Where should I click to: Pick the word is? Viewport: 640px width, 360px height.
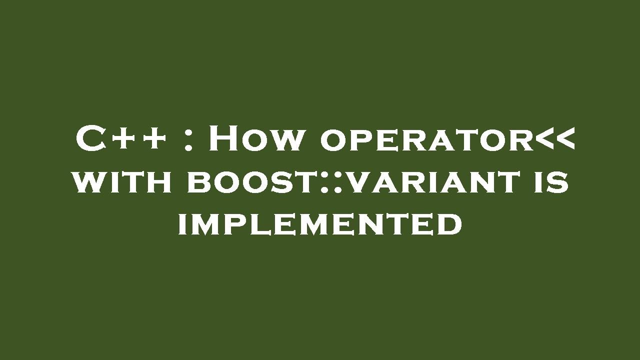(548, 182)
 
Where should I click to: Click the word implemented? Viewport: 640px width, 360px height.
(320, 224)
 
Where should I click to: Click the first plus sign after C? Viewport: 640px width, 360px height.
(123, 138)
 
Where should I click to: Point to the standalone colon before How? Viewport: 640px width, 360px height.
(188, 140)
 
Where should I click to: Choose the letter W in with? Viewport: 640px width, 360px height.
(87, 182)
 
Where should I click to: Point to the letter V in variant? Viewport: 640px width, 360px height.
(358, 182)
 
